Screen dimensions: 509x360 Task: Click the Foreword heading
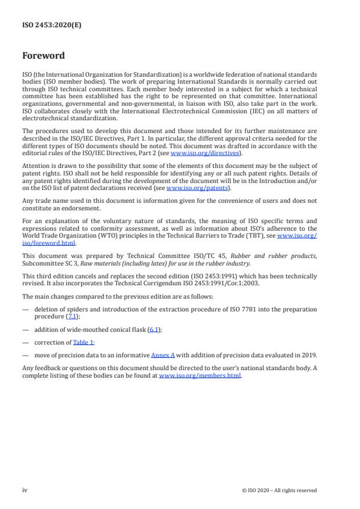coord(44,56)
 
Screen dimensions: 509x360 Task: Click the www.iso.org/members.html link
coord(200,375)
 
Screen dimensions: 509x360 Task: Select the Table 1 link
coord(83,342)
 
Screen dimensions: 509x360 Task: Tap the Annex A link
coord(162,355)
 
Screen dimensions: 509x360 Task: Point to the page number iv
coord(24,490)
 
